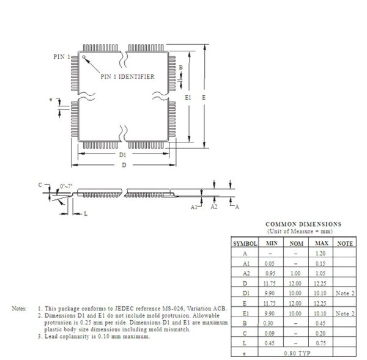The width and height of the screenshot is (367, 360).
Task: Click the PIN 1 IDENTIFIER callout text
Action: point(127,76)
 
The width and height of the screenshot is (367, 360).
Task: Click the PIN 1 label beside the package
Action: point(61,56)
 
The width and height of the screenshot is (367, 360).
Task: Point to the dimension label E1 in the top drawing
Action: point(188,97)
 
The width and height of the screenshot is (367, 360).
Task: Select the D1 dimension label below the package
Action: point(123,155)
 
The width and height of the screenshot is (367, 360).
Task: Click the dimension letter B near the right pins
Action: point(180,67)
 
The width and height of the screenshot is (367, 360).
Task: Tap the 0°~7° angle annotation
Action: point(66,186)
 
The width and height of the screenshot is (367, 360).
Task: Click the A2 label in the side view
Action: point(214,208)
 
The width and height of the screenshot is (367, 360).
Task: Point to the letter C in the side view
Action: point(40,185)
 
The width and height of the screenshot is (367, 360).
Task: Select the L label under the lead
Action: point(86,213)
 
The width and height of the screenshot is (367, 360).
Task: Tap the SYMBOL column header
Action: point(245,243)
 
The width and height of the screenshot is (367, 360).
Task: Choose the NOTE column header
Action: point(346,243)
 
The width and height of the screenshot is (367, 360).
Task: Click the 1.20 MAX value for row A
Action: point(321,252)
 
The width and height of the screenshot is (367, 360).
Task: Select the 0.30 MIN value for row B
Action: point(269,323)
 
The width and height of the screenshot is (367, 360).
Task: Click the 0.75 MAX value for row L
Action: point(321,343)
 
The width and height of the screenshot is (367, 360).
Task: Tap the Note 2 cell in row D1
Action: point(346,293)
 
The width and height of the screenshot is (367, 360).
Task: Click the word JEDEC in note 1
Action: point(120,309)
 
